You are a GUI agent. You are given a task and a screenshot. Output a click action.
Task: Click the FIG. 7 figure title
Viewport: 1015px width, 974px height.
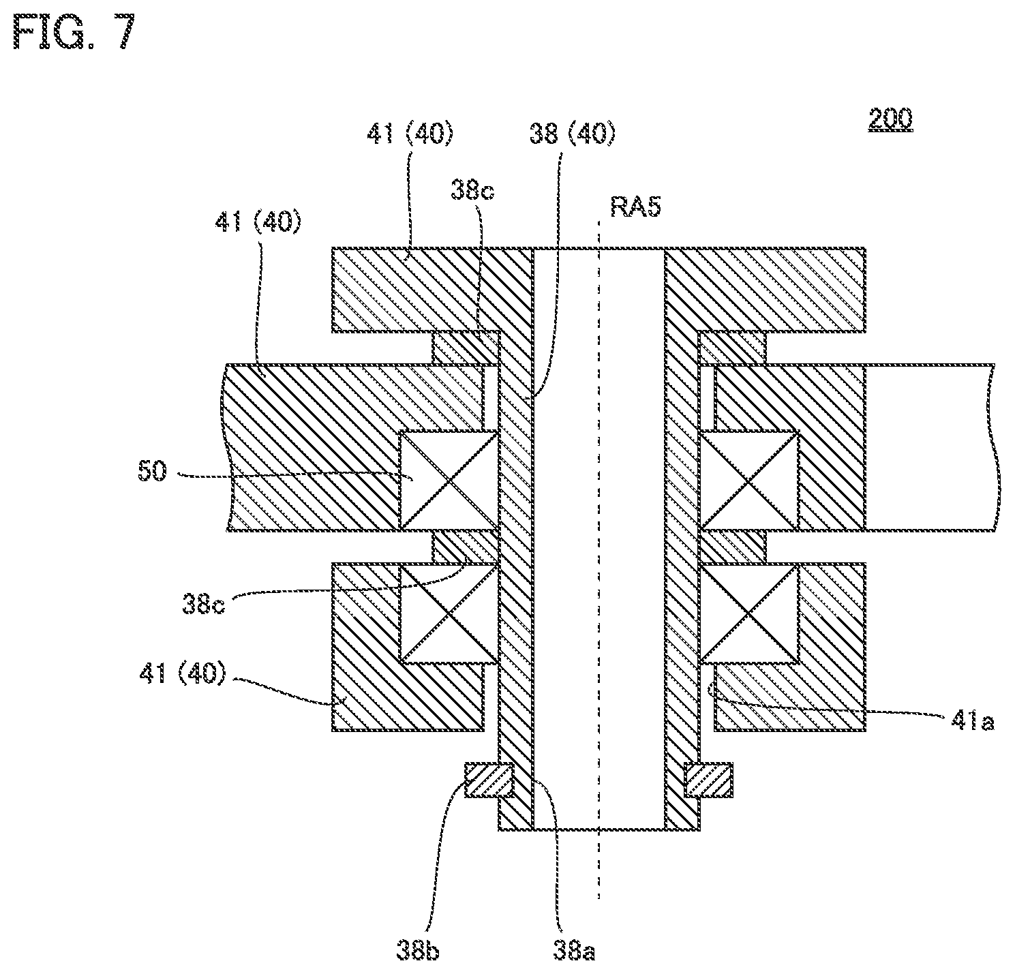[x=74, y=32]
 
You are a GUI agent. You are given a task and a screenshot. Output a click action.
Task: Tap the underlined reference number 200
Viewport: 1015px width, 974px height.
[x=890, y=119]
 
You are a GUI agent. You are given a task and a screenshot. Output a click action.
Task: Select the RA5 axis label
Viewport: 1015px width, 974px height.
[x=635, y=207]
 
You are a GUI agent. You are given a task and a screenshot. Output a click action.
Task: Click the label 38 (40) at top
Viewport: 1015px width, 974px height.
[x=573, y=134]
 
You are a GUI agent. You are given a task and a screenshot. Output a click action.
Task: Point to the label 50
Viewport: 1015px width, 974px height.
[x=152, y=472]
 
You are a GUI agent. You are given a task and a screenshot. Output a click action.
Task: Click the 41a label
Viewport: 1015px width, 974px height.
[x=972, y=721]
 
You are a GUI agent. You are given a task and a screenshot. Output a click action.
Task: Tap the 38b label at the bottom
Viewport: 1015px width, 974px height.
[x=418, y=951]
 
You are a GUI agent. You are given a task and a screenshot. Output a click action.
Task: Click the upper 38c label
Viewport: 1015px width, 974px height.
[x=472, y=190]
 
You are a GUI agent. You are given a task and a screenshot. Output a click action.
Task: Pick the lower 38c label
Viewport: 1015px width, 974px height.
[x=203, y=605]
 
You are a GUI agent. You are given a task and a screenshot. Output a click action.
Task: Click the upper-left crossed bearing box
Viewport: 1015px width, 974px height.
[x=449, y=481]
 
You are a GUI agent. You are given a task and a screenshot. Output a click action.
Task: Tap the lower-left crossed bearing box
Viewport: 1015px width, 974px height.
[x=449, y=613]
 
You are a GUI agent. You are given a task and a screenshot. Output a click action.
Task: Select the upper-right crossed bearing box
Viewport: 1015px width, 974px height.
[x=749, y=481]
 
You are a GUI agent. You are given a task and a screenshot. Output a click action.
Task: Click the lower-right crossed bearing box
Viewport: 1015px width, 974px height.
[x=749, y=613]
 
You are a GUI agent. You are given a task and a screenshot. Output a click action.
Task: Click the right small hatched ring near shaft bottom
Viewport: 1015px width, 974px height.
[x=708, y=780]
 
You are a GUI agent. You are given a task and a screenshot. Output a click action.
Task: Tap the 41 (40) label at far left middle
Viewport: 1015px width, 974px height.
[x=258, y=223]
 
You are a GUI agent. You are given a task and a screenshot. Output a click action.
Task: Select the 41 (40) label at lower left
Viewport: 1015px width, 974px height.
[x=182, y=673]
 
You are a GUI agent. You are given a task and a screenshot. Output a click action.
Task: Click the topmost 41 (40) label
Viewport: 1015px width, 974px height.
[x=410, y=134]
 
